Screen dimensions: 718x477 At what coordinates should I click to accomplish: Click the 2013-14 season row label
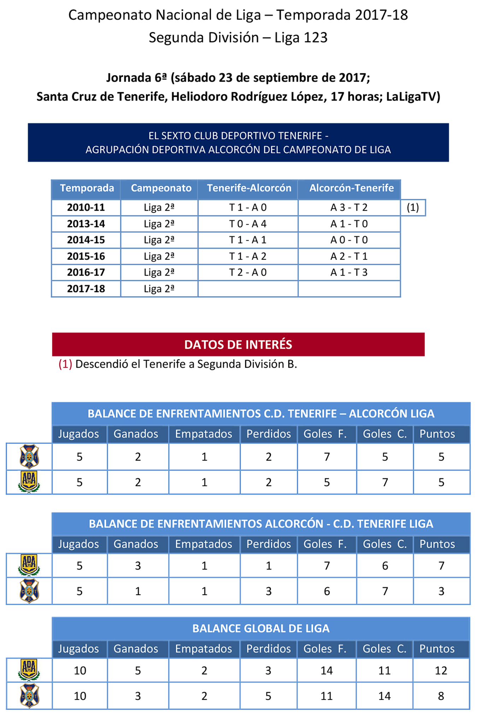pyautogui.click(x=86, y=224)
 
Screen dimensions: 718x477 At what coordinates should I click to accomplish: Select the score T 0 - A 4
pyautogui.click(x=248, y=224)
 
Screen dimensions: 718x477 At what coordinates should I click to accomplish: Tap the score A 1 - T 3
pyautogui.click(x=349, y=272)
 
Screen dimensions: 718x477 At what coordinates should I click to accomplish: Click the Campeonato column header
pyautogui.click(x=161, y=188)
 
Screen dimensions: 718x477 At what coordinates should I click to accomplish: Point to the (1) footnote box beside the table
pyautogui.click(x=413, y=207)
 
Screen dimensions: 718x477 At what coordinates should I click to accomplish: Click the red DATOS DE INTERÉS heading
pyautogui.click(x=238, y=344)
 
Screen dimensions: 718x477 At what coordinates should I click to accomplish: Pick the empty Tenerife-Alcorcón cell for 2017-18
pyautogui.click(x=248, y=289)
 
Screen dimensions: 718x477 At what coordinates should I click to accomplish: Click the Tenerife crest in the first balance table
pyautogui.click(x=29, y=456)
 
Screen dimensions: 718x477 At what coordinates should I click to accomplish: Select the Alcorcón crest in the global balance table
pyautogui.click(x=29, y=670)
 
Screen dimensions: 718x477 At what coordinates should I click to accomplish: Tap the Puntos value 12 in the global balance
pyautogui.click(x=441, y=670)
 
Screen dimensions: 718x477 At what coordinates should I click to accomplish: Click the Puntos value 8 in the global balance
pyautogui.click(x=441, y=696)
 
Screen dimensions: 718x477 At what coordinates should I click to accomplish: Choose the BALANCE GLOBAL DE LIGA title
pyautogui.click(x=261, y=628)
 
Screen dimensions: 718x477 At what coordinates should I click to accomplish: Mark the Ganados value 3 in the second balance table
pyautogui.click(x=138, y=566)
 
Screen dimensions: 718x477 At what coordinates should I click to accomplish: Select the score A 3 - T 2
pyautogui.click(x=349, y=207)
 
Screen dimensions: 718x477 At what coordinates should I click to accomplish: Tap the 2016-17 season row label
pyautogui.click(x=86, y=272)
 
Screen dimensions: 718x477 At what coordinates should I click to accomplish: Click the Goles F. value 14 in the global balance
pyautogui.click(x=326, y=670)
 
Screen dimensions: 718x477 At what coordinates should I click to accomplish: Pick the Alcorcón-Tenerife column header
pyautogui.click(x=352, y=188)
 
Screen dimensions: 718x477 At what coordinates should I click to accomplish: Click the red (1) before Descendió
pyautogui.click(x=65, y=364)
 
